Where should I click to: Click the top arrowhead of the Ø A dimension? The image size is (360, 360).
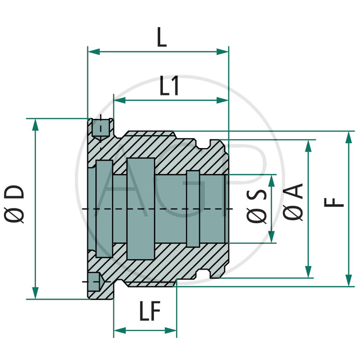pyautogui.click(x=308, y=145)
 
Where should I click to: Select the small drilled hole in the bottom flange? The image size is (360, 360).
pyautogui.click(x=94, y=282)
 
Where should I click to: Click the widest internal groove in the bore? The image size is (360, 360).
pyautogui.click(x=140, y=208)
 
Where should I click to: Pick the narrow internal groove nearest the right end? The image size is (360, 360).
pyautogui.click(x=193, y=208)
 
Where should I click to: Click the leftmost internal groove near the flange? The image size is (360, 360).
pyautogui.click(x=104, y=208)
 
